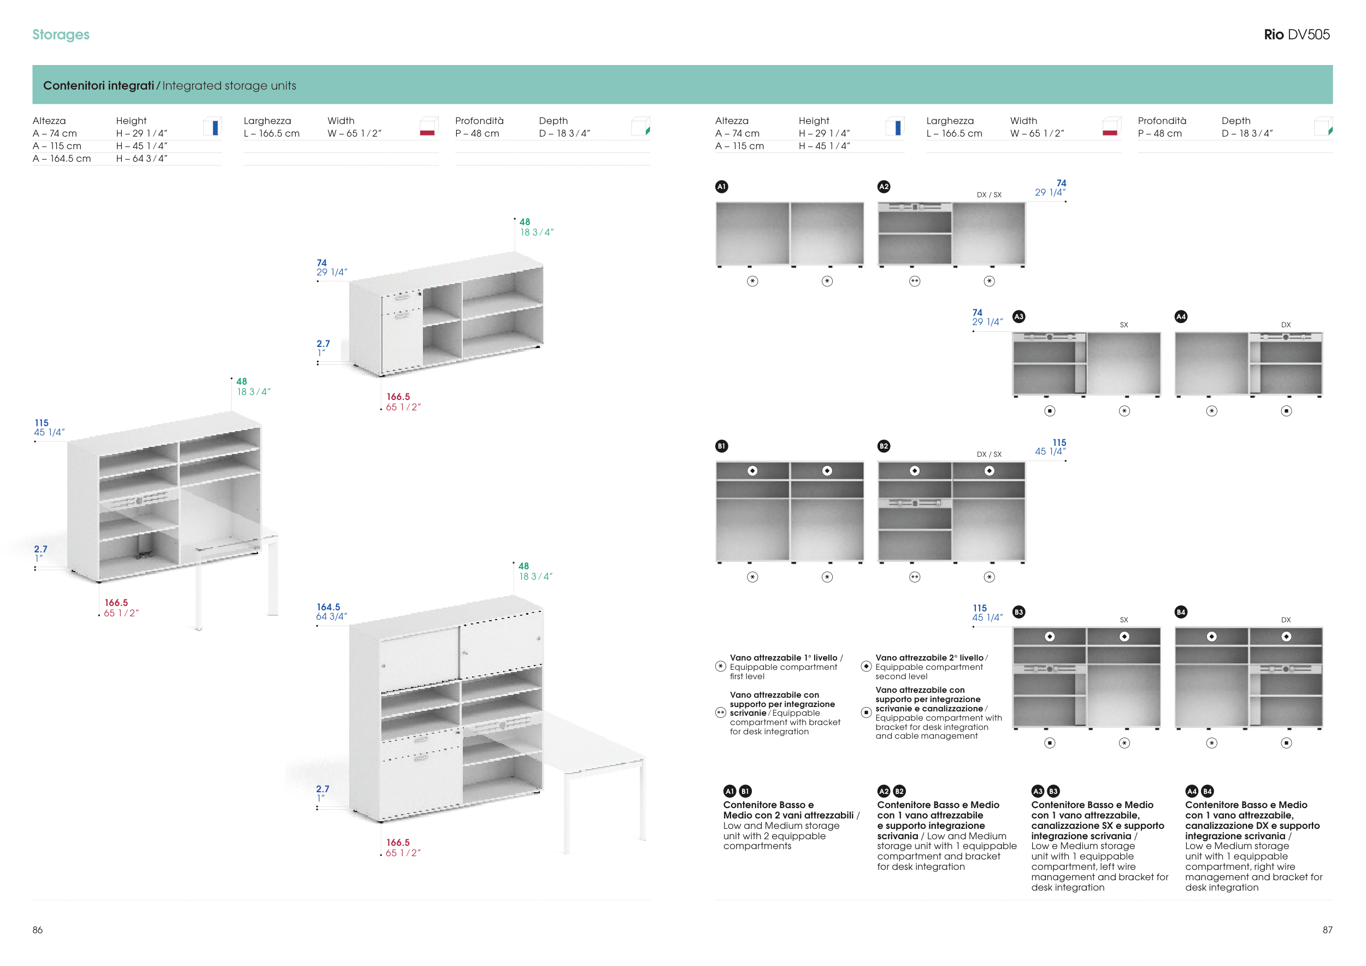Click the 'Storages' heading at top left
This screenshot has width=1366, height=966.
point(61,34)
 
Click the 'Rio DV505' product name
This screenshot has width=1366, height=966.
point(1297,34)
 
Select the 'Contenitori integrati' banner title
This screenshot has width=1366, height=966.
point(98,86)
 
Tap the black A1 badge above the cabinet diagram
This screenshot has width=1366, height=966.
point(721,187)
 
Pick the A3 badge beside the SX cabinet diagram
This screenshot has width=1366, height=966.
point(1018,316)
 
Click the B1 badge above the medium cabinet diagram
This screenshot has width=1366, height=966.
point(721,446)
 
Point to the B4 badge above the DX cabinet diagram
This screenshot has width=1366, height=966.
point(1181,612)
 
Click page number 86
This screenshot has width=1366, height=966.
point(38,930)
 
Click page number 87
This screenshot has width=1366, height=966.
point(1327,930)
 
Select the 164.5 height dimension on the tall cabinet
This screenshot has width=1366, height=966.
point(328,606)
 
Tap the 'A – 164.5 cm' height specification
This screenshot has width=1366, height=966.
point(62,159)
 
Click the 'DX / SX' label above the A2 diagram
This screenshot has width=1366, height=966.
point(989,195)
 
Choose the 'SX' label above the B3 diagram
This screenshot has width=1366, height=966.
point(1124,620)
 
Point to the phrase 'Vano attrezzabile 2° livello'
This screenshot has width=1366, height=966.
point(929,658)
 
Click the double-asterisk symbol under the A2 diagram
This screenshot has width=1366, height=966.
point(915,281)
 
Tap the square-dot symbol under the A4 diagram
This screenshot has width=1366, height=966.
point(1286,411)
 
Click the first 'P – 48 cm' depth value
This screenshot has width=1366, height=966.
point(477,134)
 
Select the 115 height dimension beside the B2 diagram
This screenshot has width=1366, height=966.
point(1059,443)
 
